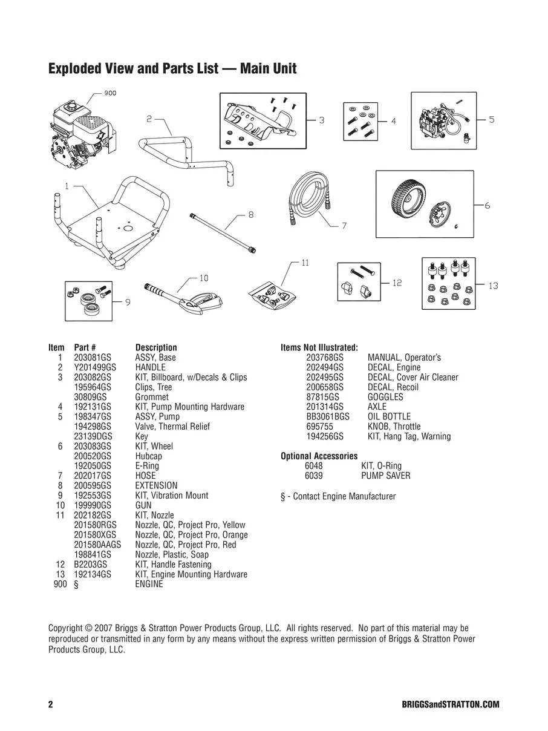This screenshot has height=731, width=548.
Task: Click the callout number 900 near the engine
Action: coord(109,93)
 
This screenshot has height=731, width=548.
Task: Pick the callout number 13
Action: coord(493,286)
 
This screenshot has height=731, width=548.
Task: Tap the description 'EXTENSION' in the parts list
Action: coord(156,485)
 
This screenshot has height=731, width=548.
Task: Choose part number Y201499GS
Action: coord(94,367)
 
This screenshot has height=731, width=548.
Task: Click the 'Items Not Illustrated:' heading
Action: coord(319,347)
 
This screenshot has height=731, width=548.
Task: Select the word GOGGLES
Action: coord(385,397)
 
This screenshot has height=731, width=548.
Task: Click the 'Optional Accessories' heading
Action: coord(319,456)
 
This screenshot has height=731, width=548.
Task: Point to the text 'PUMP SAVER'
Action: coord(385,476)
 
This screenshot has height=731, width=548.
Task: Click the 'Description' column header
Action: coord(156,347)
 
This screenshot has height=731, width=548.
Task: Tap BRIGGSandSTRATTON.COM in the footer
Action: coord(450,705)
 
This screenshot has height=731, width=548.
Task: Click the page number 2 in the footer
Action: coord(51,705)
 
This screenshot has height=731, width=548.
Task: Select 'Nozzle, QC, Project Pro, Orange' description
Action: coord(191,535)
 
